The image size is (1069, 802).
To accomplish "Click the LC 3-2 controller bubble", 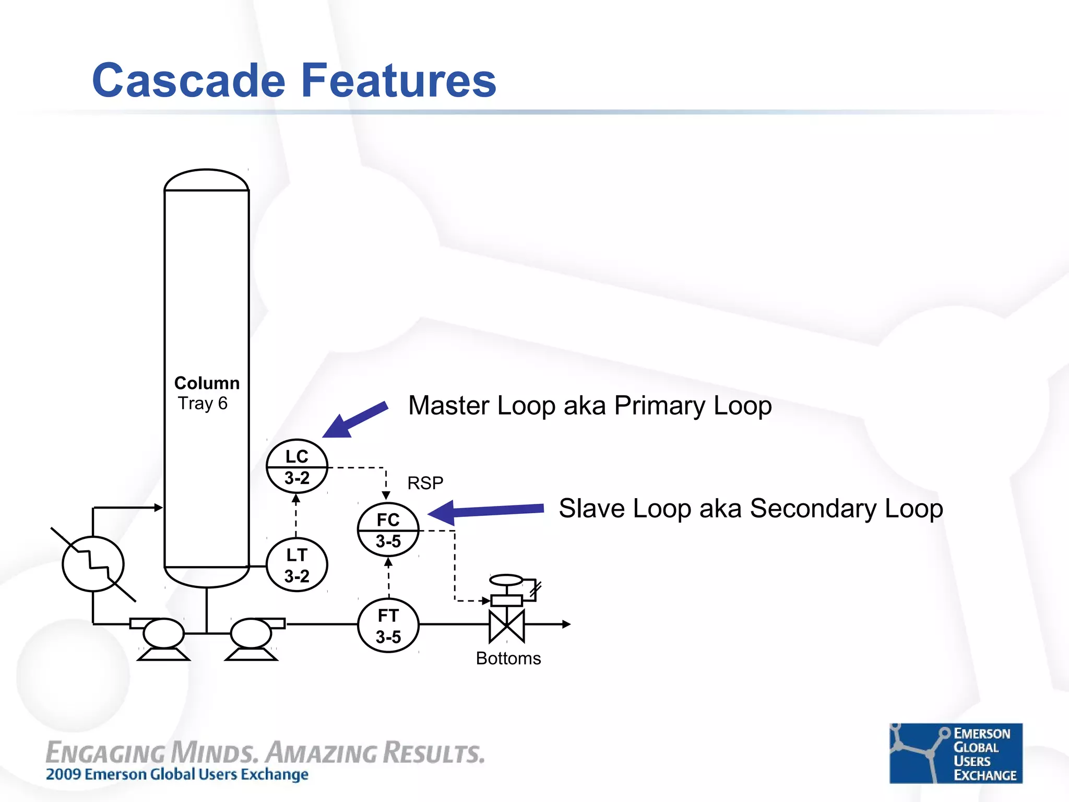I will [x=296, y=466].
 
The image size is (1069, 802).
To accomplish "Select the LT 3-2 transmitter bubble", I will [x=296, y=565].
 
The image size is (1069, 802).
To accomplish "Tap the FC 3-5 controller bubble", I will [x=388, y=530].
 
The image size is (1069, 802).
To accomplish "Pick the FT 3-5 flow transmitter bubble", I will [x=388, y=626].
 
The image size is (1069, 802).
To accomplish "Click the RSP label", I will [x=425, y=483].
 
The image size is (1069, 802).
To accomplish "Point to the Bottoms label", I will [x=508, y=658].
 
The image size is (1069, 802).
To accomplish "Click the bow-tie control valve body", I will [x=506, y=626].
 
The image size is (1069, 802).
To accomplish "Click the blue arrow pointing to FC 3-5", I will [x=485, y=511].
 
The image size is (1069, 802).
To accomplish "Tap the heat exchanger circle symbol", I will [x=93, y=564].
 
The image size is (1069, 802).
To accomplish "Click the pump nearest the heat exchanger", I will [x=163, y=633].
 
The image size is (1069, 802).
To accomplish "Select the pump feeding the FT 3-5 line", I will [x=251, y=633].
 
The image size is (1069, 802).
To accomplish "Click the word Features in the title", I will [x=399, y=80].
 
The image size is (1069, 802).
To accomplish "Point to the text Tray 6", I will [x=203, y=403].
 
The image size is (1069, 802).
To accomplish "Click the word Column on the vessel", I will [x=207, y=383].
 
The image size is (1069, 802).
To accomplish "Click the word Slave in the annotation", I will [x=591, y=509].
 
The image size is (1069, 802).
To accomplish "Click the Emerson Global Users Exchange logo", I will [x=956, y=753].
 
